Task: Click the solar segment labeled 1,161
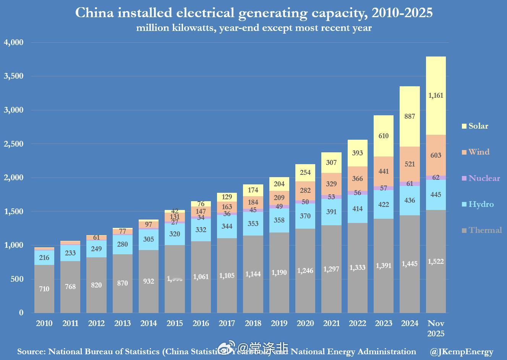[436, 95]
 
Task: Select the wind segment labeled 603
[436, 155]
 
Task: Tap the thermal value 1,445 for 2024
[410, 264]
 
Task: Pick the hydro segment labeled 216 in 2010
[44, 258]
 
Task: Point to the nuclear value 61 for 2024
[410, 184]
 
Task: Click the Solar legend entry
[475, 126]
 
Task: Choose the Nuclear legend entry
[481, 178]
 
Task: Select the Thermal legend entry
[481, 230]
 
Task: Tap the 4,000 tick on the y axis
[14, 42]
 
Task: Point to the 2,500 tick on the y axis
[14, 144]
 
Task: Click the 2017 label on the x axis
[227, 323]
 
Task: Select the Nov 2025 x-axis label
[436, 328]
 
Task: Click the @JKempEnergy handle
[462, 352]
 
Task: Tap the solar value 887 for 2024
[410, 116]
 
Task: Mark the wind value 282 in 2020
[305, 190]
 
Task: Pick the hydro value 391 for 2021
[331, 212]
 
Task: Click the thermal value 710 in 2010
[44, 289]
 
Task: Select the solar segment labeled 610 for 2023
[384, 136]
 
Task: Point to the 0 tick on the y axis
[21, 313]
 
